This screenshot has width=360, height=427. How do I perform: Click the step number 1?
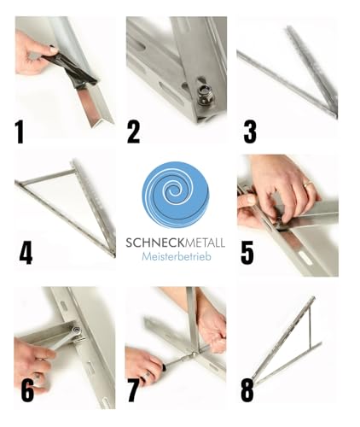20,132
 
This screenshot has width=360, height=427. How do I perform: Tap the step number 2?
133,132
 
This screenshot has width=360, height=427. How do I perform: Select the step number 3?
249,132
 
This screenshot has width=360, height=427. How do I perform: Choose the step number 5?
247,254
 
